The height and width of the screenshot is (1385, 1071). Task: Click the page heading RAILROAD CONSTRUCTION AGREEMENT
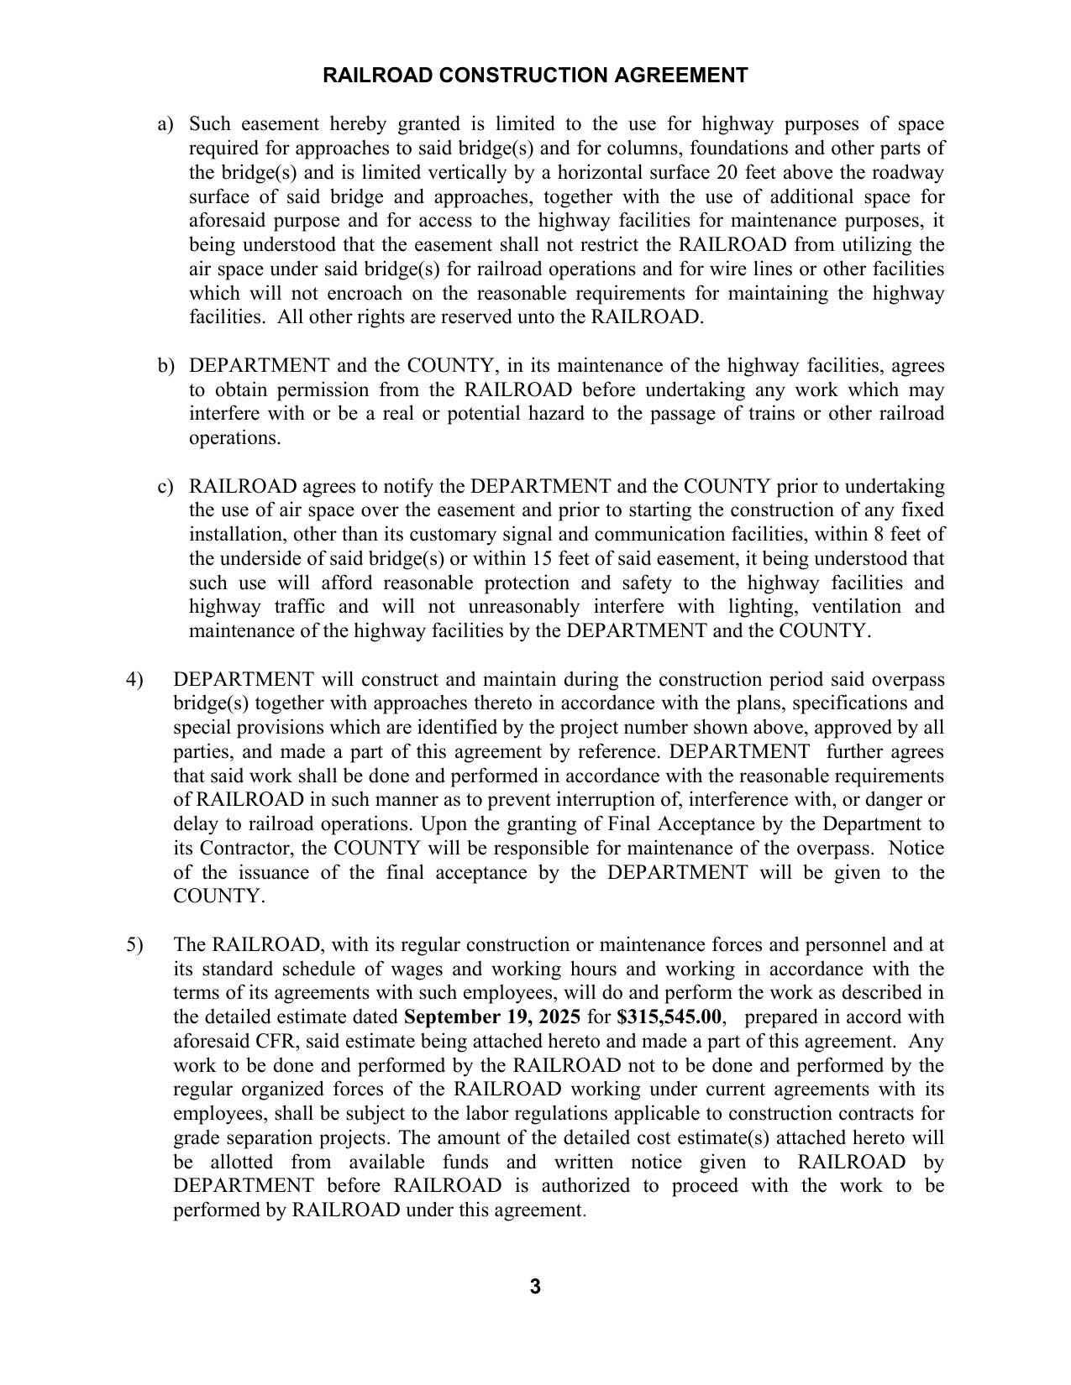(x=535, y=76)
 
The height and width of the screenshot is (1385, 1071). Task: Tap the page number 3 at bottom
(x=535, y=1287)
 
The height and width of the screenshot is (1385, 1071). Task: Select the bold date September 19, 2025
(x=491, y=1017)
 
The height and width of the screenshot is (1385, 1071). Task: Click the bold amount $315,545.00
(x=668, y=1017)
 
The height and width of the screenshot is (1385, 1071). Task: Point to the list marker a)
(x=165, y=124)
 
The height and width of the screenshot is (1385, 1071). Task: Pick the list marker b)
(x=165, y=366)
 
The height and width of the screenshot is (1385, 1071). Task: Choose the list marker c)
(x=165, y=487)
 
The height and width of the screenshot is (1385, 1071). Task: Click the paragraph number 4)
(x=135, y=679)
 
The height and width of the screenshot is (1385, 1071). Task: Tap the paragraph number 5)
(x=135, y=945)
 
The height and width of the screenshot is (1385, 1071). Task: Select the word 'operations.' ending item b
(x=234, y=438)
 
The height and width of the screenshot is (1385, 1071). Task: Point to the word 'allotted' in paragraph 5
(x=241, y=1163)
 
